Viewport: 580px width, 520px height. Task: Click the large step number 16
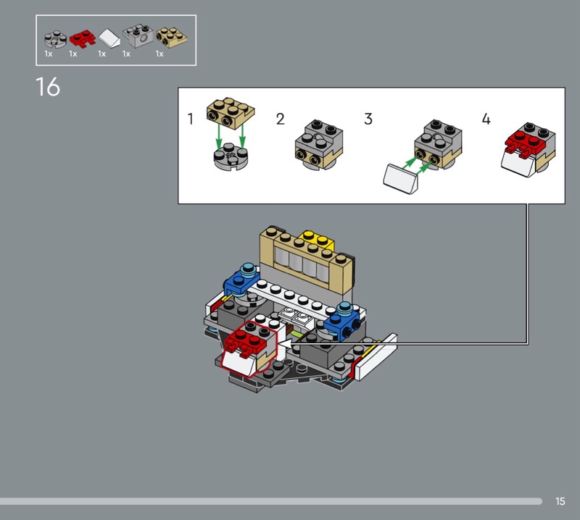click(x=48, y=87)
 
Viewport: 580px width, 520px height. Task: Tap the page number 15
click(x=560, y=501)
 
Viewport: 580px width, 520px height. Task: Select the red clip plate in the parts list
click(x=82, y=38)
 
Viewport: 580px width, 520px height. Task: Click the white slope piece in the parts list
click(x=109, y=38)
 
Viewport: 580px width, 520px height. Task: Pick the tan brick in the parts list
click(x=172, y=37)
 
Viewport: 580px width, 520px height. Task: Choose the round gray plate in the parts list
click(x=56, y=39)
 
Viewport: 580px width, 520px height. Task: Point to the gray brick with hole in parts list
click(x=138, y=35)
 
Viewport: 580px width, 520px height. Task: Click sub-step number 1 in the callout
click(x=191, y=119)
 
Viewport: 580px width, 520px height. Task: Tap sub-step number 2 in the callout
click(x=281, y=119)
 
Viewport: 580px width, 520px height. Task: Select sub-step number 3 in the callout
click(x=368, y=119)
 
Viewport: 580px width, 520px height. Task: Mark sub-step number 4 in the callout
click(x=486, y=119)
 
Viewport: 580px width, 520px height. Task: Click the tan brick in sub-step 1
click(x=231, y=114)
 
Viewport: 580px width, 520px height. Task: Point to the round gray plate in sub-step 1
click(x=230, y=156)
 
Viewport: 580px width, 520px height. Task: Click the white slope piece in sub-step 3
click(x=402, y=179)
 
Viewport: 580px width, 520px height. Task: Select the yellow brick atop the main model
click(x=317, y=240)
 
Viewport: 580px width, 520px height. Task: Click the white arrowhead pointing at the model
click(x=284, y=344)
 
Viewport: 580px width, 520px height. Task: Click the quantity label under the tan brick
click(x=159, y=54)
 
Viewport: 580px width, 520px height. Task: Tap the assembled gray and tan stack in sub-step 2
click(x=319, y=145)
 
